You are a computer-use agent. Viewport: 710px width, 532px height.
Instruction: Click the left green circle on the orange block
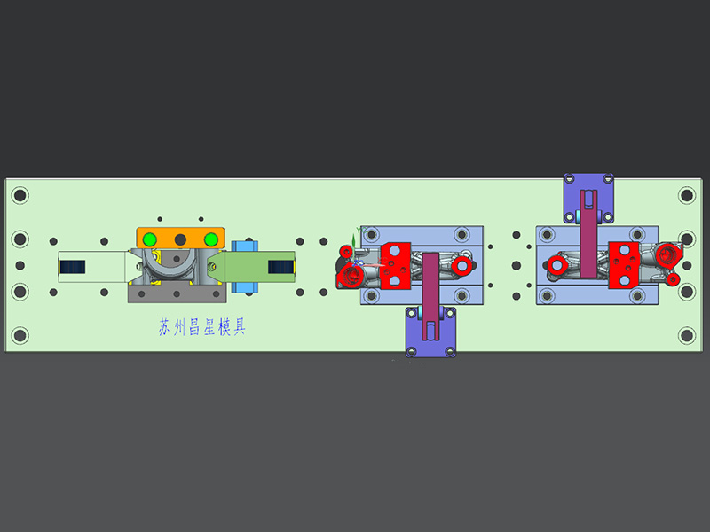tap(149, 239)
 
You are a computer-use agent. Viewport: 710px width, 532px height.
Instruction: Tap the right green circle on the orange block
tap(211, 239)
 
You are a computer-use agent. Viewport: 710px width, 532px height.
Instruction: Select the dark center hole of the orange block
tap(180, 239)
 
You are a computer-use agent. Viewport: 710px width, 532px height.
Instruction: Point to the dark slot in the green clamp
tap(281, 267)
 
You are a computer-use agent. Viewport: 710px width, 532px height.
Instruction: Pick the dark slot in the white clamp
tap(73, 267)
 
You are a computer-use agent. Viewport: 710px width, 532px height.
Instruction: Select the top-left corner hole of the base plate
tap(20, 195)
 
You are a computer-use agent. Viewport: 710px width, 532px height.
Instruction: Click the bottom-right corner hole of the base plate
tap(686, 336)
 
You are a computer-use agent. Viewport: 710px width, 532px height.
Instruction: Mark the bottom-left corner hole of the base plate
tap(20, 336)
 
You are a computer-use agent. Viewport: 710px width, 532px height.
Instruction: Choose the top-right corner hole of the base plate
tap(686, 195)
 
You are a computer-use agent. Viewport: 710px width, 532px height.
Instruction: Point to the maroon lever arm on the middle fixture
tap(430, 296)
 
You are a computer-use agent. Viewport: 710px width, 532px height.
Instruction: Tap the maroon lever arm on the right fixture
tap(588, 234)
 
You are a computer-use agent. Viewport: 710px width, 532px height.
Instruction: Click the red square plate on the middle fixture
tap(395, 266)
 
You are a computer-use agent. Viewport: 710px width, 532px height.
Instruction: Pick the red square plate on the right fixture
tap(624, 265)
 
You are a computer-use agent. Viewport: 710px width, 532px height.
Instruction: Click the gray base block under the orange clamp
tap(177, 293)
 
